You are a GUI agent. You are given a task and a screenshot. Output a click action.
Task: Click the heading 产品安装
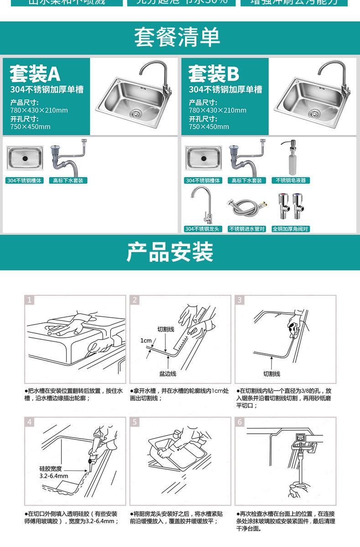coord(170,252)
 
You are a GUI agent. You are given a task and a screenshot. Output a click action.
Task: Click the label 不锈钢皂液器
coord(291,181)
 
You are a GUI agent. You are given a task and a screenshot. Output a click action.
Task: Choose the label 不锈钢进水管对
coord(247,229)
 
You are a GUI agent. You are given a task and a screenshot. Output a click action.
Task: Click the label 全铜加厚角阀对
coord(291,229)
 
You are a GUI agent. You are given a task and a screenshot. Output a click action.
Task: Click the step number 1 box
coord(30,300)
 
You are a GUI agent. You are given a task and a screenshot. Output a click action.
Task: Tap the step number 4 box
coord(30,422)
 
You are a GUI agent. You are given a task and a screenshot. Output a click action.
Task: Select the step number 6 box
coord(240,422)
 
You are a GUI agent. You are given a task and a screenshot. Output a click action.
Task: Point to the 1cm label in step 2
coord(146,341)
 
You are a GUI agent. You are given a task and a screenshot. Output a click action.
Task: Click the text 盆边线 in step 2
coord(168,373)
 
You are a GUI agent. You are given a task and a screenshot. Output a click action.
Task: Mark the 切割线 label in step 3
coord(272,373)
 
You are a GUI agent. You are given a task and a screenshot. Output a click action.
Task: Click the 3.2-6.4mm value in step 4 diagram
coord(54,476)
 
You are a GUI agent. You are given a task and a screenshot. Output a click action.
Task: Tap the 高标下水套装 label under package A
coord(68,181)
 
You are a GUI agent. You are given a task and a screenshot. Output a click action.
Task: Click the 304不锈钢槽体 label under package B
coord(203,181)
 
